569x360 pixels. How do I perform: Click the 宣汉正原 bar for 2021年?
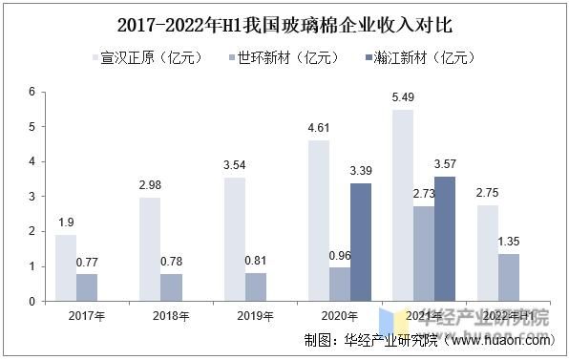point(403,205)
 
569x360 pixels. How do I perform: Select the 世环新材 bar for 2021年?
point(424,253)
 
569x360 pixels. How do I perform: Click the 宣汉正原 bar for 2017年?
point(67,267)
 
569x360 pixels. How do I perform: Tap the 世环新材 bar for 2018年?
point(172,287)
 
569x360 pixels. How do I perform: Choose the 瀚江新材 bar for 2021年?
point(445,239)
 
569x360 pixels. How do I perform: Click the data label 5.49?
point(403,98)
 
